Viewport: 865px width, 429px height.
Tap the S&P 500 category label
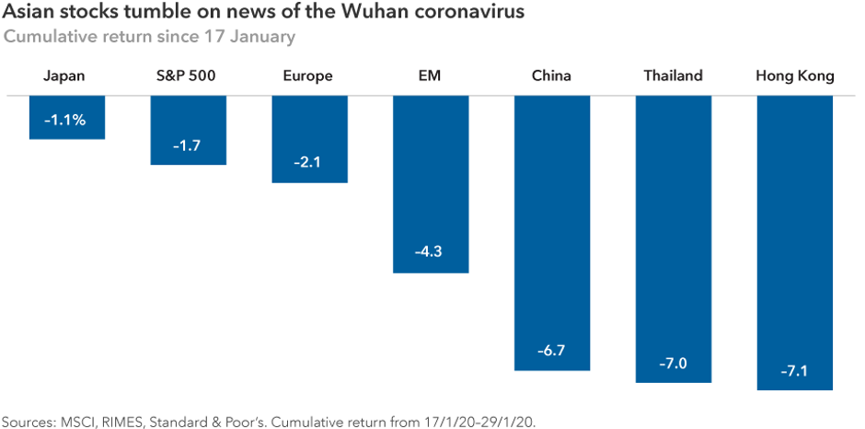click(x=188, y=76)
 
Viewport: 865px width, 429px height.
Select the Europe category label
click(x=308, y=76)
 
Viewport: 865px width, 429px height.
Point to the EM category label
click(x=430, y=76)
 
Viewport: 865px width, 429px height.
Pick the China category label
click(x=551, y=76)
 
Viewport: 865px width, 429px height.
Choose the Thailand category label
click(x=674, y=76)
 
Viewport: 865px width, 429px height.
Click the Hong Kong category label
click(x=795, y=76)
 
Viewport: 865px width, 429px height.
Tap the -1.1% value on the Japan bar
click(x=66, y=120)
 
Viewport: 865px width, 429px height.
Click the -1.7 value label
click(x=189, y=145)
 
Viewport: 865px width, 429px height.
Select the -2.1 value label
click(x=309, y=163)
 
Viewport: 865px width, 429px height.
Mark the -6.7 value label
click(x=552, y=351)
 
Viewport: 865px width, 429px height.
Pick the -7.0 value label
click(x=674, y=364)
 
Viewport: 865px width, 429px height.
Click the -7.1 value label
click(x=795, y=370)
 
